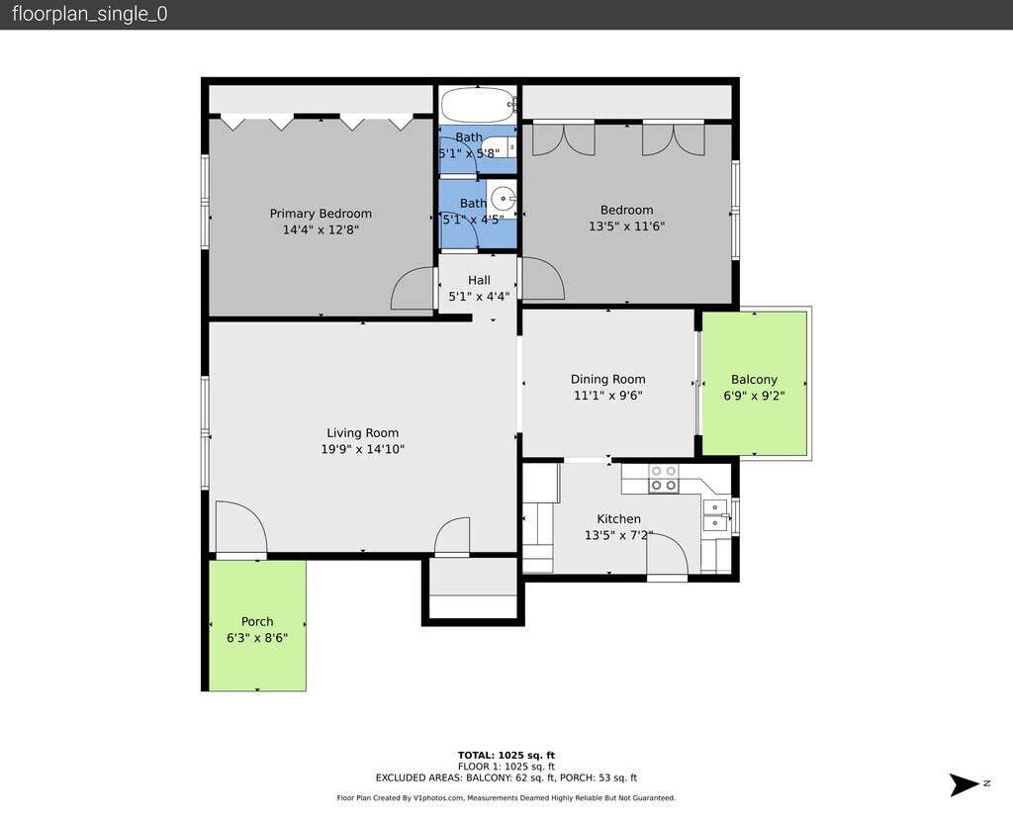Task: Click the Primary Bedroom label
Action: pos(321,213)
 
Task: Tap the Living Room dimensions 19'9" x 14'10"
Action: pos(362,449)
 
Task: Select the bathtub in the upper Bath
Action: pos(478,105)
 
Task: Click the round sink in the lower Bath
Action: pos(504,198)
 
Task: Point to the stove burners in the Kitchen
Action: pos(664,478)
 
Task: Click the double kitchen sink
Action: pos(715,514)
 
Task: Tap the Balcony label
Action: pos(754,379)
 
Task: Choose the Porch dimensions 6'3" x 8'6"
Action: pos(257,638)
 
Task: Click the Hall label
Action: pos(479,280)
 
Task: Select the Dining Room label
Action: pos(608,379)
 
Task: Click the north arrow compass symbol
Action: pos(965,784)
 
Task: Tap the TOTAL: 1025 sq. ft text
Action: pos(506,755)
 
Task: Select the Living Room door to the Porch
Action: pos(241,527)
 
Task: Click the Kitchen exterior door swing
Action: pos(668,554)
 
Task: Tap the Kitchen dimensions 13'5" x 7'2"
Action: pos(619,535)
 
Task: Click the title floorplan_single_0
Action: pos(90,14)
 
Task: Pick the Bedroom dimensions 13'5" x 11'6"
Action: pos(626,227)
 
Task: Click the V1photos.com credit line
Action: pos(506,797)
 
